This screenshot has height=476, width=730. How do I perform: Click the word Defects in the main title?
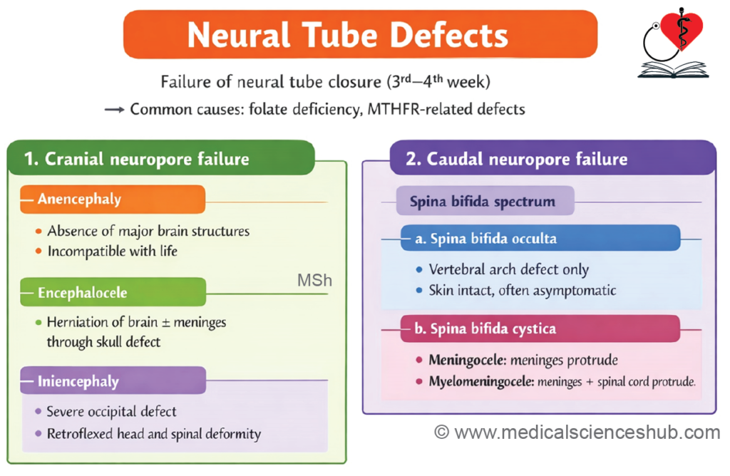click(x=448, y=36)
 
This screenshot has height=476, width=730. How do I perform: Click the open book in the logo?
click(x=673, y=70)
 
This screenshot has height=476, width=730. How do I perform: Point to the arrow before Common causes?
click(x=115, y=110)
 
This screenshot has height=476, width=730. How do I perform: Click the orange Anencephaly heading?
click(x=113, y=199)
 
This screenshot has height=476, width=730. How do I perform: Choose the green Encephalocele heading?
click(x=113, y=292)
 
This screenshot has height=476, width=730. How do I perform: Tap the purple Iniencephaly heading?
click(x=113, y=381)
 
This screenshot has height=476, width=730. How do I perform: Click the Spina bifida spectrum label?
click(x=485, y=201)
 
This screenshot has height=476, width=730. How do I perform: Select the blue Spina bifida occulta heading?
click(x=540, y=238)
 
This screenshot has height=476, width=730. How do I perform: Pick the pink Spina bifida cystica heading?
click(x=540, y=328)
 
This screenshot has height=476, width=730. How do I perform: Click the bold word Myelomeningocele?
click(x=481, y=381)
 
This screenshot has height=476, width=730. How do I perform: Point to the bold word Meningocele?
click(x=467, y=360)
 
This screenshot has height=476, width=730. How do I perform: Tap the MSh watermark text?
click(x=314, y=281)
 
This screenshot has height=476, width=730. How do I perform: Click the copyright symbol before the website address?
click(x=441, y=433)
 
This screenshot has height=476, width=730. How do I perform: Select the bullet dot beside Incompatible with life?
click(x=38, y=252)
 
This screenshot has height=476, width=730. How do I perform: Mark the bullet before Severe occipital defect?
click(x=38, y=411)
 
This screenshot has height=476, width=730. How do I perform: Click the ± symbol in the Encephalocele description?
click(x=165, y=323)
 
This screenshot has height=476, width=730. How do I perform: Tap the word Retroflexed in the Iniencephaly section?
click(x=80, y=434)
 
